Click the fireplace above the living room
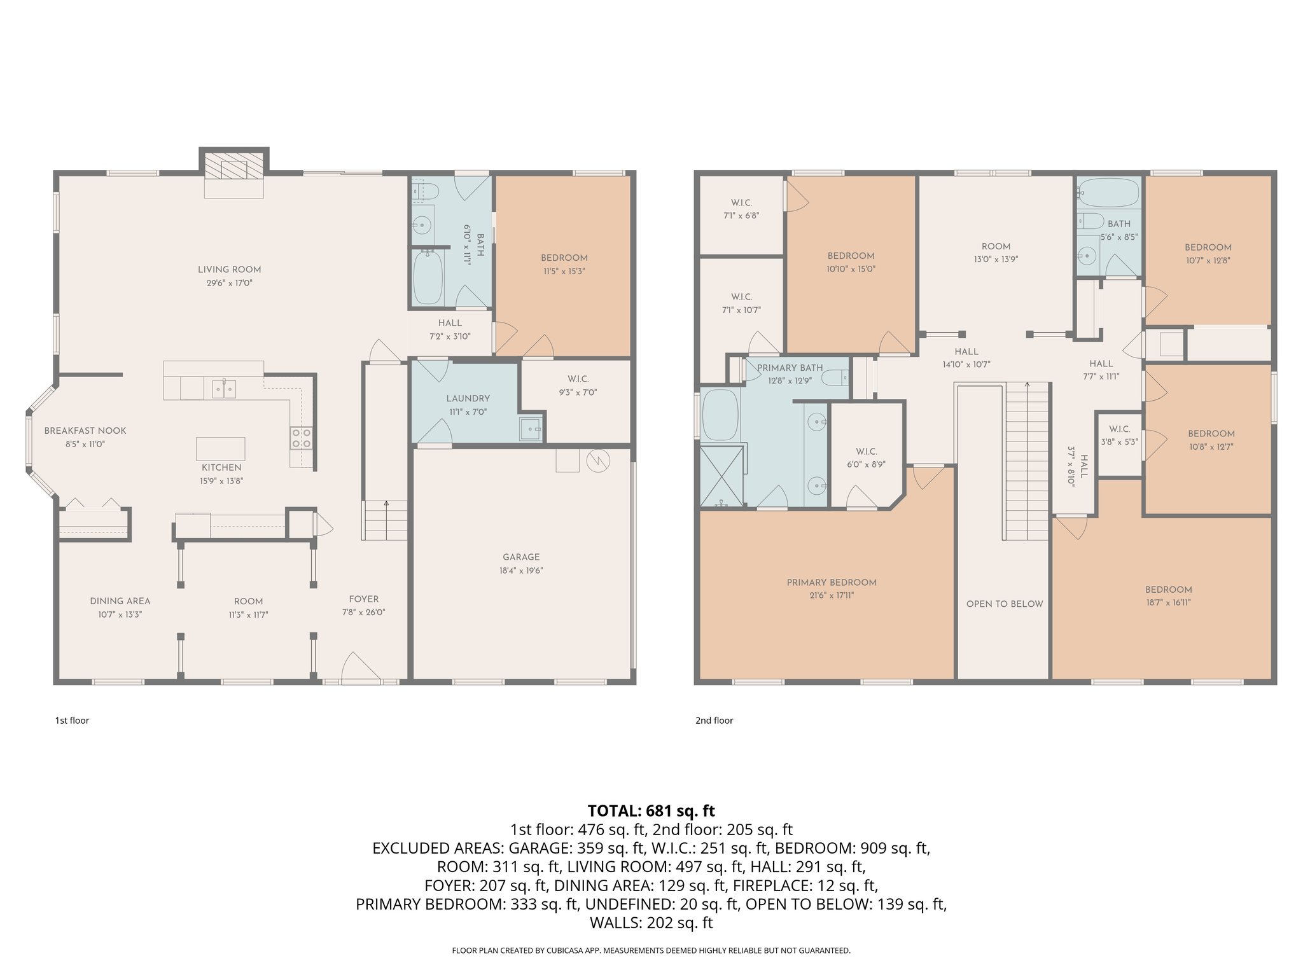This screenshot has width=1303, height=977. click(233, 169)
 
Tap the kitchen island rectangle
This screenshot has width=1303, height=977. click(220, 448)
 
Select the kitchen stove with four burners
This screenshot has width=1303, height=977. click(301, 438)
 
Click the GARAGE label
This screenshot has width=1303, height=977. click(520, 557)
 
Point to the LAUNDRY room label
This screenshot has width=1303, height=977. click(468, 399)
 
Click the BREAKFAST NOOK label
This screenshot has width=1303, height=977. click(85, 431)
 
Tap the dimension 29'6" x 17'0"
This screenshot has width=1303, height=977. click(229, 283)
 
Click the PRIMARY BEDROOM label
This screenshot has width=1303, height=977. click(831, 583)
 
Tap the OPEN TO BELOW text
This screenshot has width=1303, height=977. click(1004, 604)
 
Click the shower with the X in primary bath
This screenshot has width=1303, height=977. click(721, 475)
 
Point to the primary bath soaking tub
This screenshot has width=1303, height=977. click(720, 414)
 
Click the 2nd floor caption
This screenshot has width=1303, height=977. click(714, 720)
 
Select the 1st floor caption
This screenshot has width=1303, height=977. click(72, 720)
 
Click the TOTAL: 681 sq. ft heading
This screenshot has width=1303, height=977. click(651, 810)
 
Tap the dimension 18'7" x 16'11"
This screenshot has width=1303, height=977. click(1168, 602)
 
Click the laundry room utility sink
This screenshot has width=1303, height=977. click(530, 429)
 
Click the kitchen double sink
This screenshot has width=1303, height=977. click(223, 388)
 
